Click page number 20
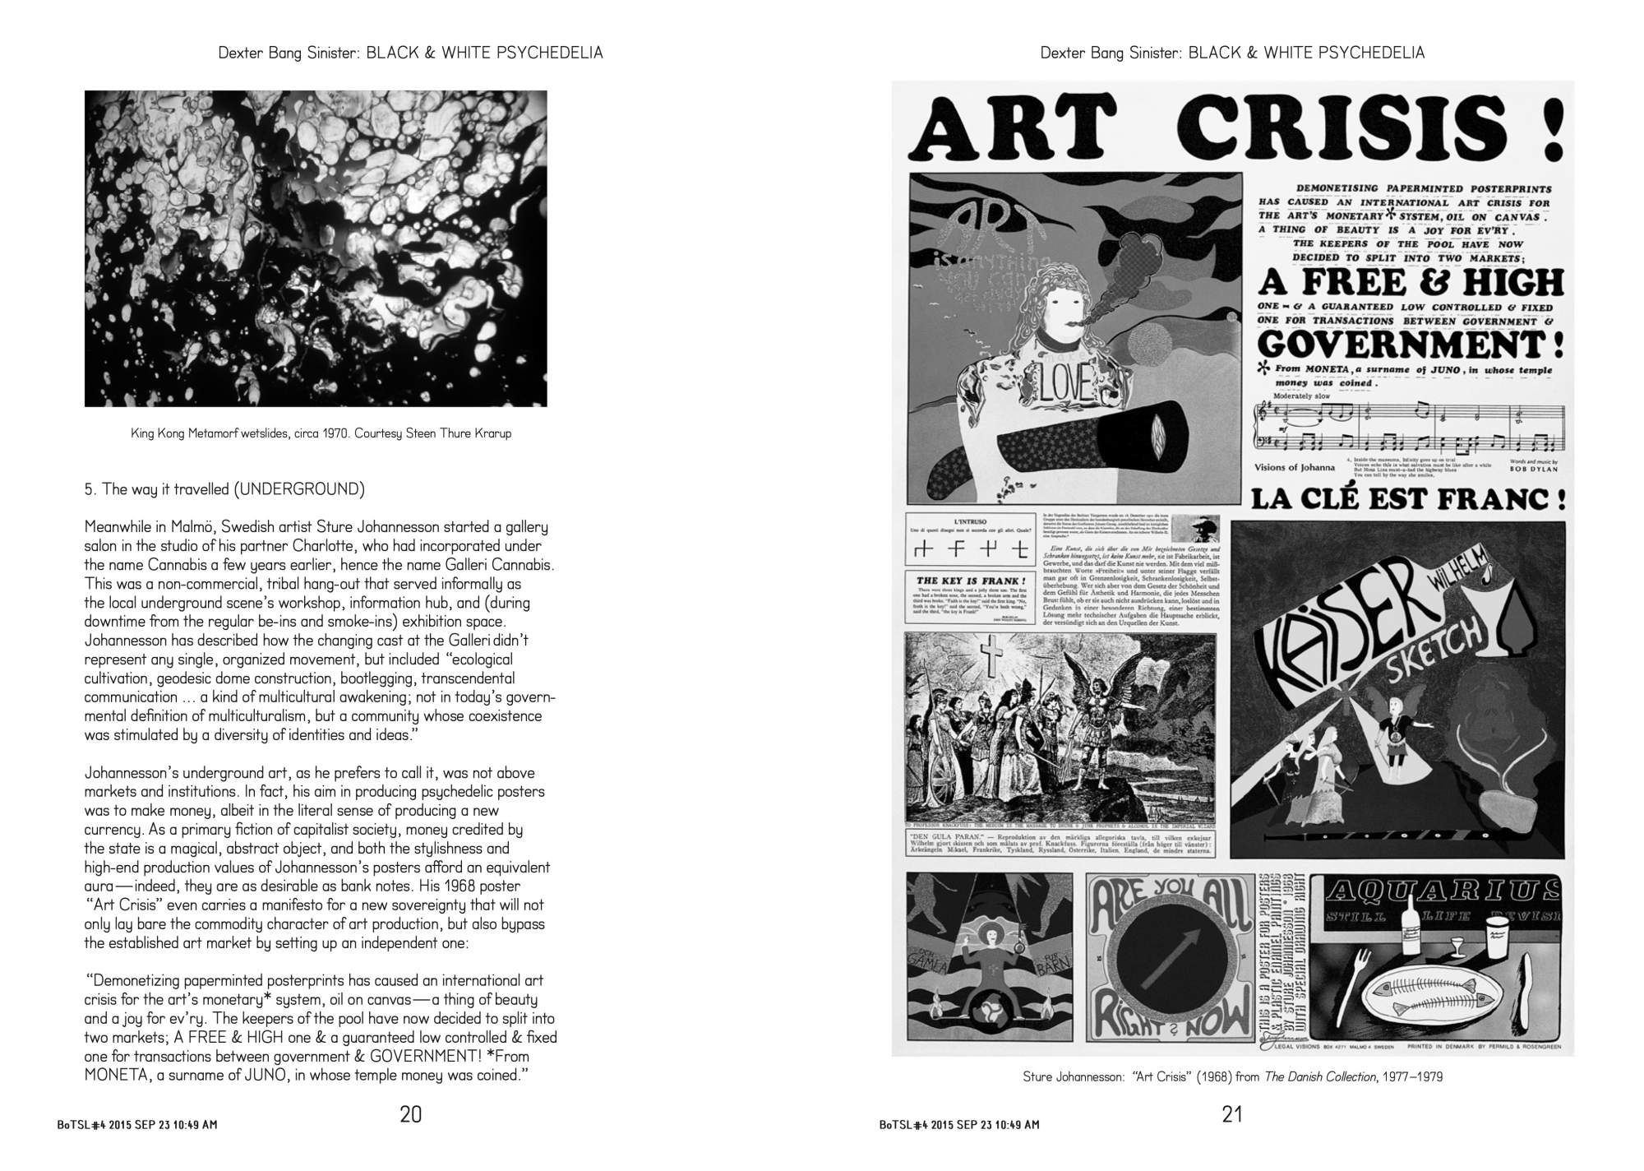coord(410,1114)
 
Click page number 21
coord(1232,1114)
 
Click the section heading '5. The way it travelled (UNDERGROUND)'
coord(224,489)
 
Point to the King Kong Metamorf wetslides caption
coord(321,433)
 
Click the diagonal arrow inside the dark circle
coord(1169,960)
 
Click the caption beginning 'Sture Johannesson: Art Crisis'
coord(1232,1076)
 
